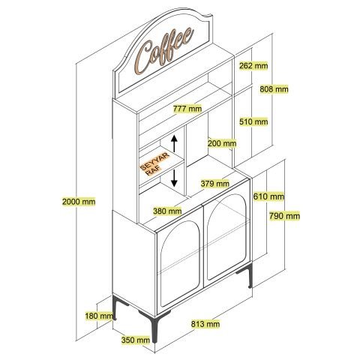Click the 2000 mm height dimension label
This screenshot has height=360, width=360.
point(79,201)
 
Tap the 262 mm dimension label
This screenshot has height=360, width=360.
point(253,66)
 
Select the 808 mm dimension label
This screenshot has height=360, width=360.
point(274,89)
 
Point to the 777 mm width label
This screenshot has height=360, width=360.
point(187,109)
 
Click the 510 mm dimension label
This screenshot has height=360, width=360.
point(253,121)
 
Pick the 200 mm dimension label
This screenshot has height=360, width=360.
point(222,143)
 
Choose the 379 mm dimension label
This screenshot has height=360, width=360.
point(215,184)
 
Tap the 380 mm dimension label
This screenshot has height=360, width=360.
point(167,211)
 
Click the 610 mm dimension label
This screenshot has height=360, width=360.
point(268,196)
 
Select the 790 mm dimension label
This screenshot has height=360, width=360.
point(284,216)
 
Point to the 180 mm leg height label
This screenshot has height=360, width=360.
point(99,316)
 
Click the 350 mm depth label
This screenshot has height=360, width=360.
point(136,340)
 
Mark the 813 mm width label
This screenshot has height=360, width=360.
point(205,324)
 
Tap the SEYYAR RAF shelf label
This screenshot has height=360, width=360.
point(155,163)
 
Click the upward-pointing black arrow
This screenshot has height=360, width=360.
point(174,144)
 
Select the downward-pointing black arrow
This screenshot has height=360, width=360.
point(174,178)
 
